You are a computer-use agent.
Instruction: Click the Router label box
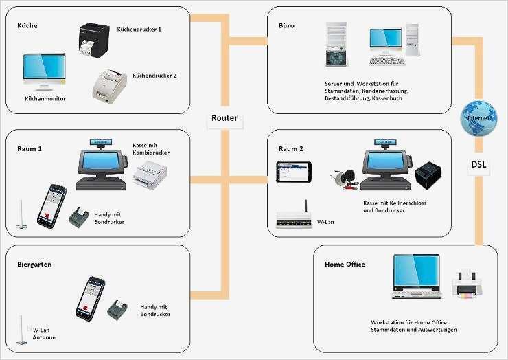(x=224, y=118)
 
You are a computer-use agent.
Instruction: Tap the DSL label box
(x=478, y=165)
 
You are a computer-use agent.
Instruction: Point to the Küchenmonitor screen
(x=45, y=72)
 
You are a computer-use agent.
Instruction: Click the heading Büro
(x=286, y=25)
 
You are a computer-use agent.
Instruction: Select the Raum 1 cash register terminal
(x=101, y=165)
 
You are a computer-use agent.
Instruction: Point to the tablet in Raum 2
(x=294, y=172)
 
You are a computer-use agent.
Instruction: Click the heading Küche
(x=27, y=25)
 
